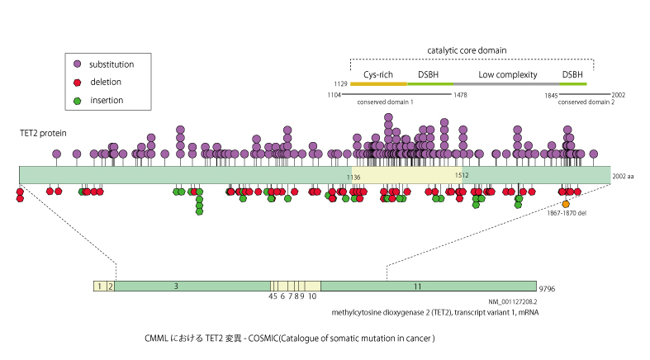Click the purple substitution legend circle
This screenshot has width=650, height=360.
click(x=77, y=64)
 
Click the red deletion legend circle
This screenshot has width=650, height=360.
click(x=77, y=83)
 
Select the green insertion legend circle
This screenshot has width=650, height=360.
click(x=77, y=101)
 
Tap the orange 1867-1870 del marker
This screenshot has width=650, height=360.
click(x=566, y=204)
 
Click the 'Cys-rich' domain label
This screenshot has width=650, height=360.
click(x=378, y=74)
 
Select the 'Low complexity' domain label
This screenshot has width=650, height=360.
click(x=505, y=74)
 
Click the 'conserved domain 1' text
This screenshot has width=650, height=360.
click(x=385, y=102)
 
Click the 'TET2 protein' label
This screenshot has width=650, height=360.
click(x=45, y=133)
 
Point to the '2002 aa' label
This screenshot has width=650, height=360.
click(x=624, y=176)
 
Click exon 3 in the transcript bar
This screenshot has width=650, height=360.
click(x=176, y=286)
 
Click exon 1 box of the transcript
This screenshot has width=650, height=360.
click(x=99, y=286)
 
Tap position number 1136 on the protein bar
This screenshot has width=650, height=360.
click(x=354, y=176)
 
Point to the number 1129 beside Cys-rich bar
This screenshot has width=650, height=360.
click(x=340, y=83)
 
